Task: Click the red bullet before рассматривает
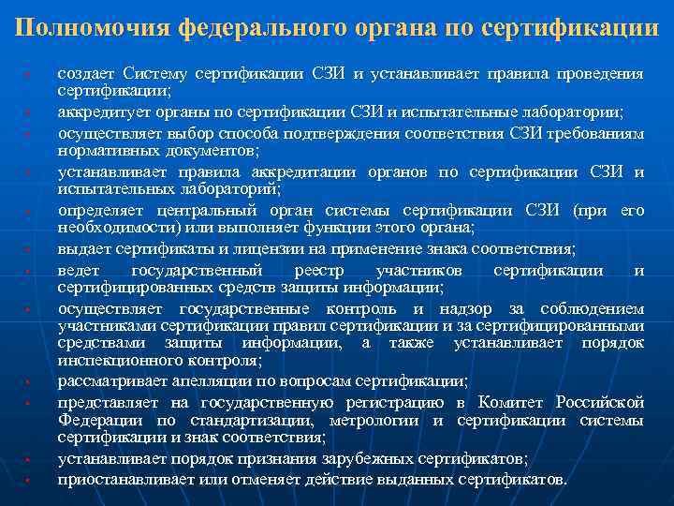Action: (x=31, y=382)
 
